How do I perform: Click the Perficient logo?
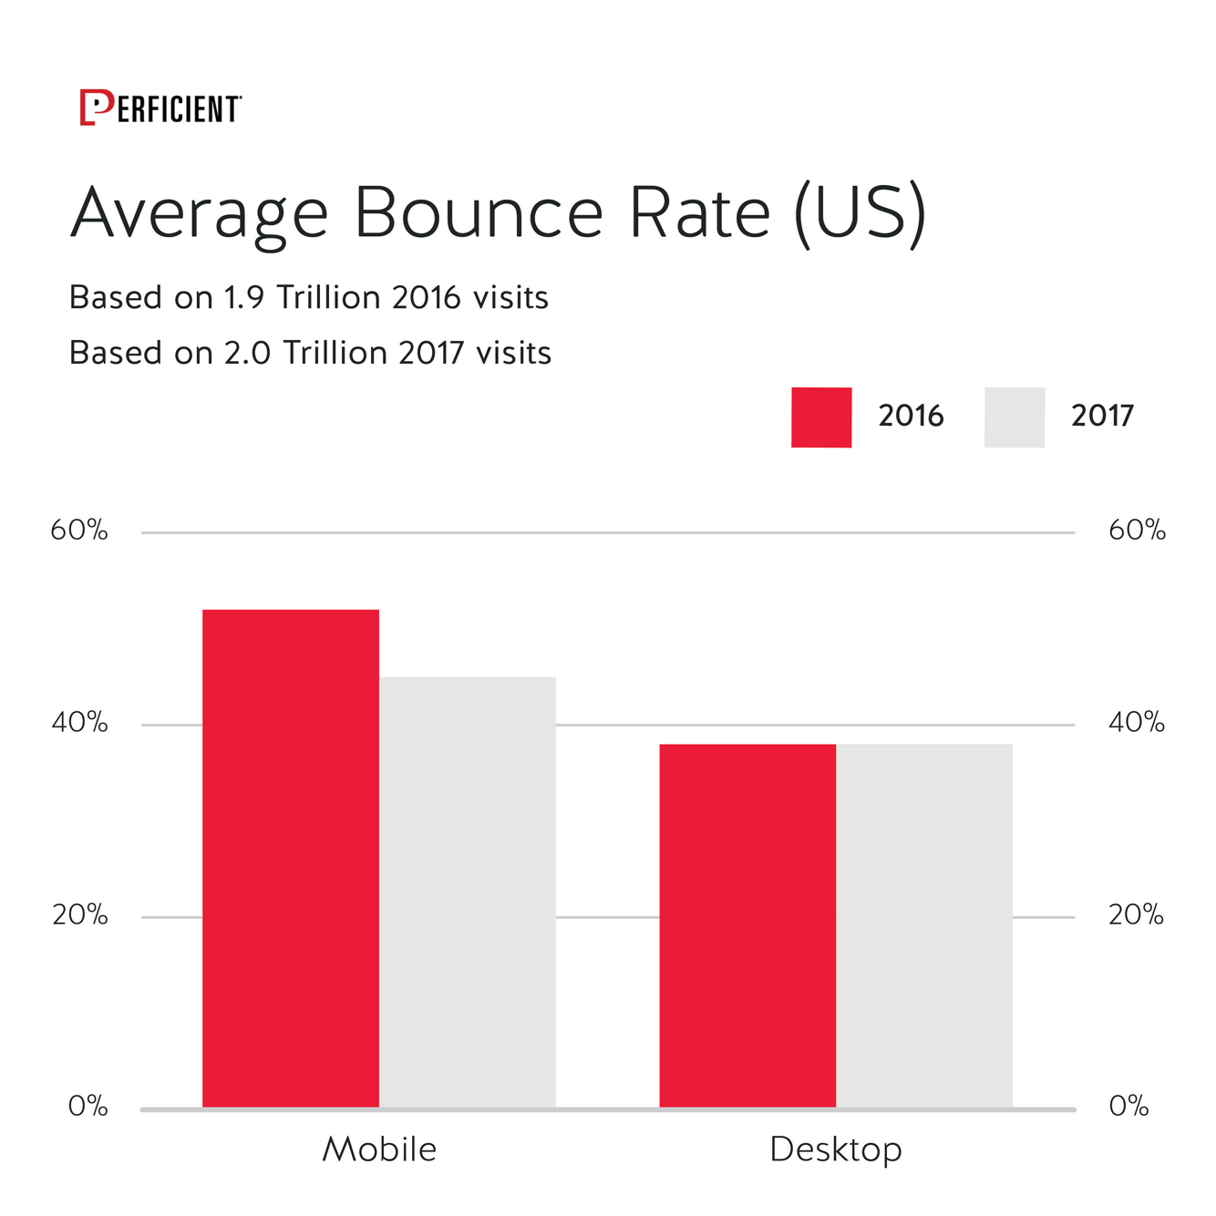(x=160, y=108)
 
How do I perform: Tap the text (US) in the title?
(x=860, y=214)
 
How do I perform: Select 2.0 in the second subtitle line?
(x=247, y=353)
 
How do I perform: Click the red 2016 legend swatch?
(x=820, y=417)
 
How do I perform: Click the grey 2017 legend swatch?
(x=1014, y=417)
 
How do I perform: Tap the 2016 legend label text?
(x=911, y=416)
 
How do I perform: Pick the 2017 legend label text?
(x=1102, y=416)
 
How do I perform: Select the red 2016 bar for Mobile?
(x=291, y=857)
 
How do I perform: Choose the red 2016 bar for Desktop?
(x=747, y=925)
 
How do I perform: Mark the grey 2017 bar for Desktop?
(x=924, y=925)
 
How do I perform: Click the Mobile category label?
(x=379, y=1149)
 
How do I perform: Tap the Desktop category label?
(x=836, y=1149)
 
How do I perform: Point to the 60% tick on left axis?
(x=79, y=531)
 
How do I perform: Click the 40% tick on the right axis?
(x=1137, y=723)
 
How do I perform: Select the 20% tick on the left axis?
(x=79, y=915)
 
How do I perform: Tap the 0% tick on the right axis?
(x=1128, y=1107)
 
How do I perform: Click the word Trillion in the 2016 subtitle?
(x=328, y=298)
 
